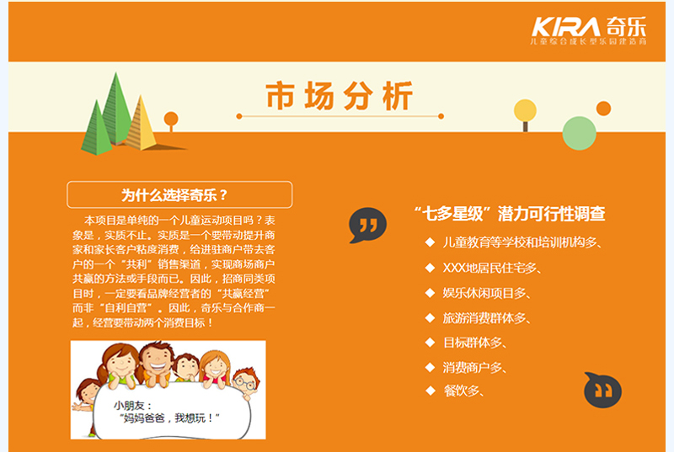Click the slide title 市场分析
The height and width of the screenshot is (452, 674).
(x=340, y=96)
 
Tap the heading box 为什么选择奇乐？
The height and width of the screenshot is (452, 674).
(x=179, y=195)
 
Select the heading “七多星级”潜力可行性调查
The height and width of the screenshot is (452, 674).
(x=510, y=214)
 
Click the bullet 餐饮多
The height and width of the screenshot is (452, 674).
(x=463, y=391)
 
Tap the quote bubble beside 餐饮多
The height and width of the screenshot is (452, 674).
(x=602, y=390)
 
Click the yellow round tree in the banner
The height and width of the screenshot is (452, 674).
(x=525, y=111)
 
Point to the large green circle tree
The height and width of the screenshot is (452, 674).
(x=579, y=132)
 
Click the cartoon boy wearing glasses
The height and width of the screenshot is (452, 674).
(x=243, y=380)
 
